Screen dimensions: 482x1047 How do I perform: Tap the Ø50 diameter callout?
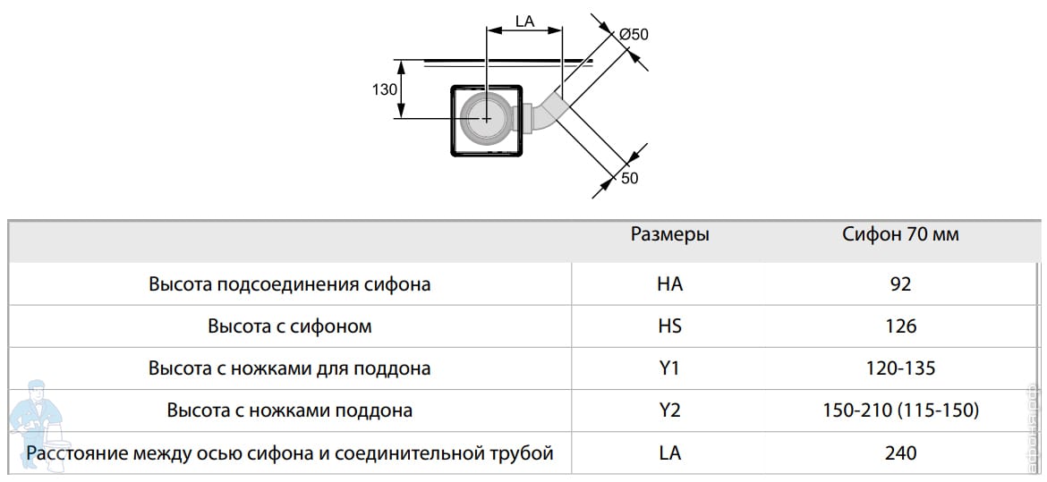point(634,34)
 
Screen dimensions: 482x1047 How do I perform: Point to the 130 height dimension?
point(385,89)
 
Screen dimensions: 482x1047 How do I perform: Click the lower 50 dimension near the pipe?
point(629,178)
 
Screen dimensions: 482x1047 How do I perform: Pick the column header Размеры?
point(669,234)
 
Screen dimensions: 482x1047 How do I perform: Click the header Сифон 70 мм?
point(900,234)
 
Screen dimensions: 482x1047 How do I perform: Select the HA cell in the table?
point(669,284)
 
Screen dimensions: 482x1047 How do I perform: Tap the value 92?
point(900,284)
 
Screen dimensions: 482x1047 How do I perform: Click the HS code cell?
point(669,326)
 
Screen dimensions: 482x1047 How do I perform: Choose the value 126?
point(900,326)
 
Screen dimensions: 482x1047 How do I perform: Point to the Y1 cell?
point(669,368)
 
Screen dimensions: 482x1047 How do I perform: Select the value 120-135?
point(900,368)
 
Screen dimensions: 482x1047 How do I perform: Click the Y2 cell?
point(669,410)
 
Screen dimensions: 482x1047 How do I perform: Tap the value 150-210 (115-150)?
point(900,410)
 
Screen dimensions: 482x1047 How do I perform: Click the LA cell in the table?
point(669,453)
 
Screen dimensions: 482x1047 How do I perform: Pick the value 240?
point(900,453)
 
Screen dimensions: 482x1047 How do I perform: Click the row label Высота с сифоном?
point(289,326)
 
